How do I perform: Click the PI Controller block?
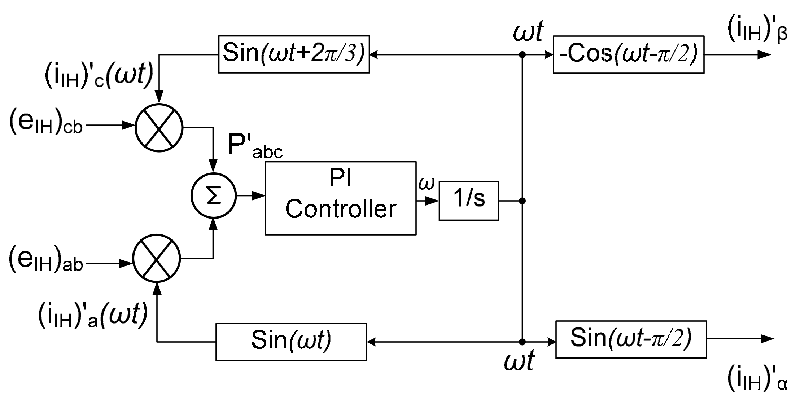click(x=340, y=198)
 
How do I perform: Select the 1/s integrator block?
click(x=468, y=201)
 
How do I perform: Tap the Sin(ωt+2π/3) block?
click(x=294, y=54)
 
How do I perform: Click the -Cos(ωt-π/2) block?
click(x=628, y=54)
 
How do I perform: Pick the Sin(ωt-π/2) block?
click(x=631, y=339)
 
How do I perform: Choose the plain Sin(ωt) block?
click(x=291, y=342)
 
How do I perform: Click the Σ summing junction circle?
click(x=213, y=196)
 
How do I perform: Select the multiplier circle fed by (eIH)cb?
click(x=159, y=128)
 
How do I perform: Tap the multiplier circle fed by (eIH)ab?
click(x=156, y=258)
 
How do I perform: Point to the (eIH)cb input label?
click(x=46, y=124)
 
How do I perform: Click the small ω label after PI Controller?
click(x=427, y=183)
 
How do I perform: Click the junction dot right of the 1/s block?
click(x=522, y=201)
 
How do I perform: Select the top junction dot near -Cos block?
click(x=522, y=55)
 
